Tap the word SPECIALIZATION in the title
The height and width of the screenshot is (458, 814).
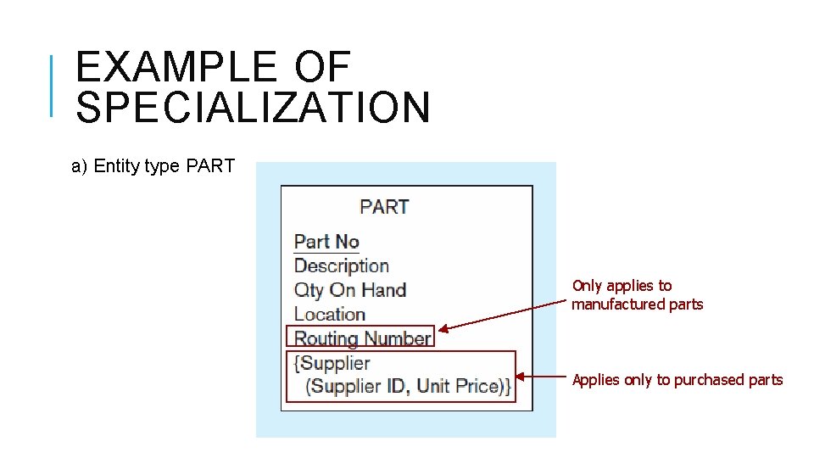point(253,108)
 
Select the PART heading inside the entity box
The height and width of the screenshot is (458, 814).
point(384,207)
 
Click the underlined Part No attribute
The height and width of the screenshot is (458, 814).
point(326,242)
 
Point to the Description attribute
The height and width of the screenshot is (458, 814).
point(341,265)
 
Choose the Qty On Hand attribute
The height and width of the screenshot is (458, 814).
point(349,290)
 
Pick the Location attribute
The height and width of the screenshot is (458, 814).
point(329,314)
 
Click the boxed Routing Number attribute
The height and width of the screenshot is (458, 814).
point(362,338)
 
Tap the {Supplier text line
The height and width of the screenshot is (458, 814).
point(332,363)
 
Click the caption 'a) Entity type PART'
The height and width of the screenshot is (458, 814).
point(153,166)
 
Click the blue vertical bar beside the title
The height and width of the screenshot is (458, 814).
point(53,85)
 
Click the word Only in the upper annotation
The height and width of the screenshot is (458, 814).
point(587,286)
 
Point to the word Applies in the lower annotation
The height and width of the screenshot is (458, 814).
point(596,380)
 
